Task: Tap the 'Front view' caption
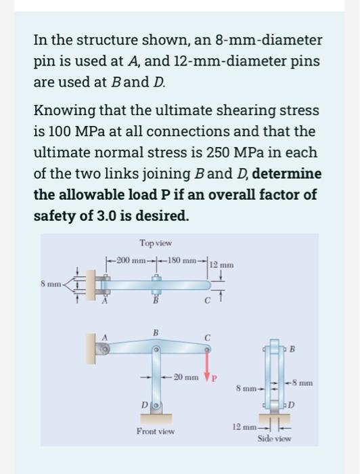(x=156, y=431)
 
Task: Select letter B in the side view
(x=292, y=350)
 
